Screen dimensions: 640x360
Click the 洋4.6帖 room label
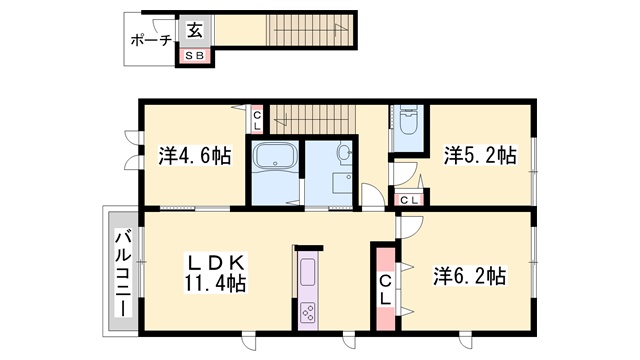(x=195, y=156)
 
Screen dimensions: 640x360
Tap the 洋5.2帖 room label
(x=480, y=156)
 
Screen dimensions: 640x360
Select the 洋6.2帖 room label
(x=469, y=276)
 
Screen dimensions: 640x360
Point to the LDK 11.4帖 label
(x=215, y=273)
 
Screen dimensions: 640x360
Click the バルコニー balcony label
(x=123, y=273)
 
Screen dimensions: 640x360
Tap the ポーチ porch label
(x=151, y=40)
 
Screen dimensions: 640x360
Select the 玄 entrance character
(x=195, y=30)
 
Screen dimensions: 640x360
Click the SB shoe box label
(x=195, y=56)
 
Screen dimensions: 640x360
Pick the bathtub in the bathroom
(x=275, y=156)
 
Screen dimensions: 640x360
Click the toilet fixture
(x=407, y=121)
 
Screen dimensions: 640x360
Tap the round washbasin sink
(x=343, y=153)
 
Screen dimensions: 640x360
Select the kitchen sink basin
(x=308, y=273)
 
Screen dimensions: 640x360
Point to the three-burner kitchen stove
(x=308, y=313)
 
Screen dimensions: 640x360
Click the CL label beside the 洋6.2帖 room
(x=385, y=290)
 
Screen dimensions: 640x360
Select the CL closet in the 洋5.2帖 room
(x=409, y=200)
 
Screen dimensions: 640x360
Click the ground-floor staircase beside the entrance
(x=309, y=31)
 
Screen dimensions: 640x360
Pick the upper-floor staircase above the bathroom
(x=313, y=119)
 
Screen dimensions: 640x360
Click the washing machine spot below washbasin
(x=342, y=183)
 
